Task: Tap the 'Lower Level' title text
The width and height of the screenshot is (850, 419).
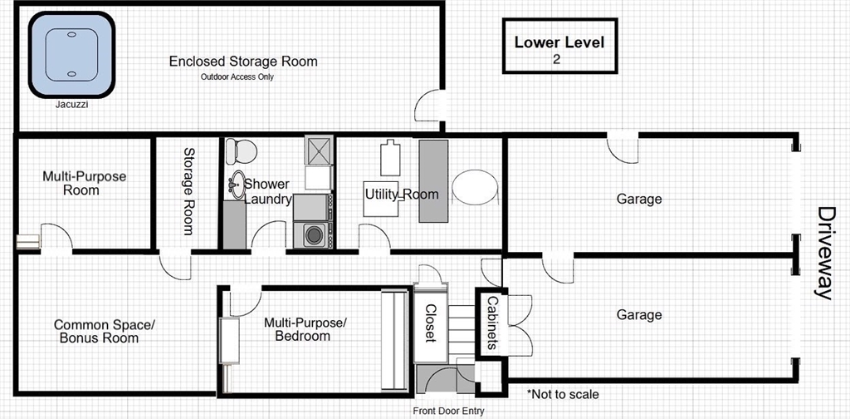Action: (559, 42)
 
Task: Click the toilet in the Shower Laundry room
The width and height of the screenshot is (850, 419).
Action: (241, 150)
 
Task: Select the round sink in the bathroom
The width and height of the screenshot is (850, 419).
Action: (236, 185)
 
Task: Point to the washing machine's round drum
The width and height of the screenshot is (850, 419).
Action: (313, 235)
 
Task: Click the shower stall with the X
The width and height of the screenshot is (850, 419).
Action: (318, 150)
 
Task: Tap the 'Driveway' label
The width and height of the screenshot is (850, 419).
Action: (824, 253)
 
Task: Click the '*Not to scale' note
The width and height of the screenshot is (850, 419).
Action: (564, 394)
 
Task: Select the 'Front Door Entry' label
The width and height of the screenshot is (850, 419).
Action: (448, 411)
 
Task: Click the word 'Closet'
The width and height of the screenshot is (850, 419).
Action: (431, 323)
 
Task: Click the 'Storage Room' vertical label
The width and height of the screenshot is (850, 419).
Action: (188, 191)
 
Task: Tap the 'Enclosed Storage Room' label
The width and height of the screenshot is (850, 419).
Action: (243, 61)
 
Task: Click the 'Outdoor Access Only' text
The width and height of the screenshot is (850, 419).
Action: (237, 77)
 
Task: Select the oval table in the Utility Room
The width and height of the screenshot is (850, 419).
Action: (476, 187)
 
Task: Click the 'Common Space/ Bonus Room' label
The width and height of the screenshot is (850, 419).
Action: (104, 331)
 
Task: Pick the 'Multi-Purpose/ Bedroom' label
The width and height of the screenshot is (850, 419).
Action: (305, 329)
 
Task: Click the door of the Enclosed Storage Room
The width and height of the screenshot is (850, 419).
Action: (428, 106)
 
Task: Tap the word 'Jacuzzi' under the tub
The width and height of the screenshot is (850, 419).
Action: (71, 106)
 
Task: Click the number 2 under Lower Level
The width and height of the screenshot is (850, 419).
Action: (557, 60)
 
